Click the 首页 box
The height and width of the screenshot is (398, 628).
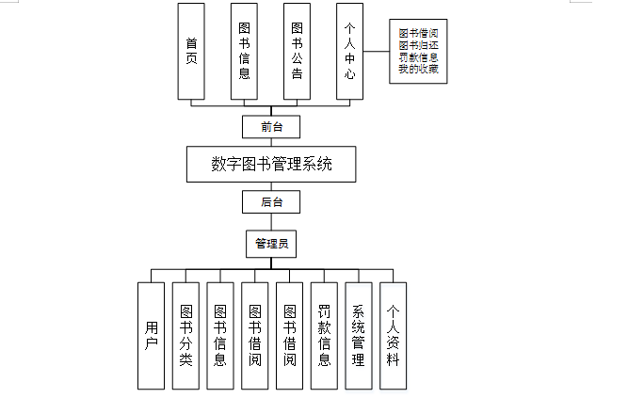click(191, 52)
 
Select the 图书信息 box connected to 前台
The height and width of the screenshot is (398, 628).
click(244, 52)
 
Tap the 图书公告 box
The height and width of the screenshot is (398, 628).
click(297, 52)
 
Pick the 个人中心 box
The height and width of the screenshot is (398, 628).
click(349, 52)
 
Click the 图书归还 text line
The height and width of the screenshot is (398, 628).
click(418, 45)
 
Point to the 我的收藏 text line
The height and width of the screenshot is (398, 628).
click(418, 70)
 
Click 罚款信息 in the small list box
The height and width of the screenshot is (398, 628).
click(418, 57)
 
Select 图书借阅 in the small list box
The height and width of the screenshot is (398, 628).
click(418, 33)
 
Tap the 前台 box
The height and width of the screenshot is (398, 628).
click(271, 125)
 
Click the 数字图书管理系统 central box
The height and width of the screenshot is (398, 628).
click(271, 164)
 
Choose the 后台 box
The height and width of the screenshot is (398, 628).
click(271, 201)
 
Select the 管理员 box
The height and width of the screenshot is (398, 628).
click(271, 244)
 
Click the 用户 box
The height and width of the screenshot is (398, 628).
click(152, 335)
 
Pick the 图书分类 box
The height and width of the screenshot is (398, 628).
click(185, 335)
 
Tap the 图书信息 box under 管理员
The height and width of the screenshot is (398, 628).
click(220, 335)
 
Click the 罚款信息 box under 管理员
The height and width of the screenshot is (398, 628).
click(324, 335)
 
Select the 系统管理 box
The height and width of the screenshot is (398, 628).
click(358, 335)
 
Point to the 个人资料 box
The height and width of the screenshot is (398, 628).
click(393, 335)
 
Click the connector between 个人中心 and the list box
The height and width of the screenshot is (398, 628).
click(377, 53)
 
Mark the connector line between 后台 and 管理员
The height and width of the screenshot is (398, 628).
click(271, 222)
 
